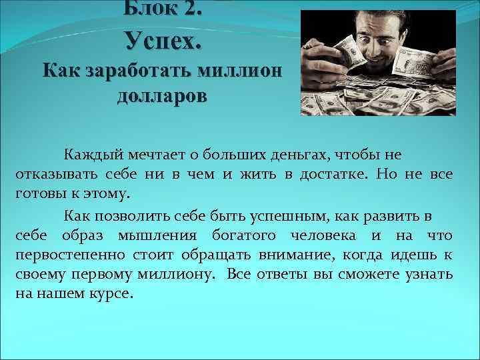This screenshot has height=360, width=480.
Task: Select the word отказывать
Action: [55, 175]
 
